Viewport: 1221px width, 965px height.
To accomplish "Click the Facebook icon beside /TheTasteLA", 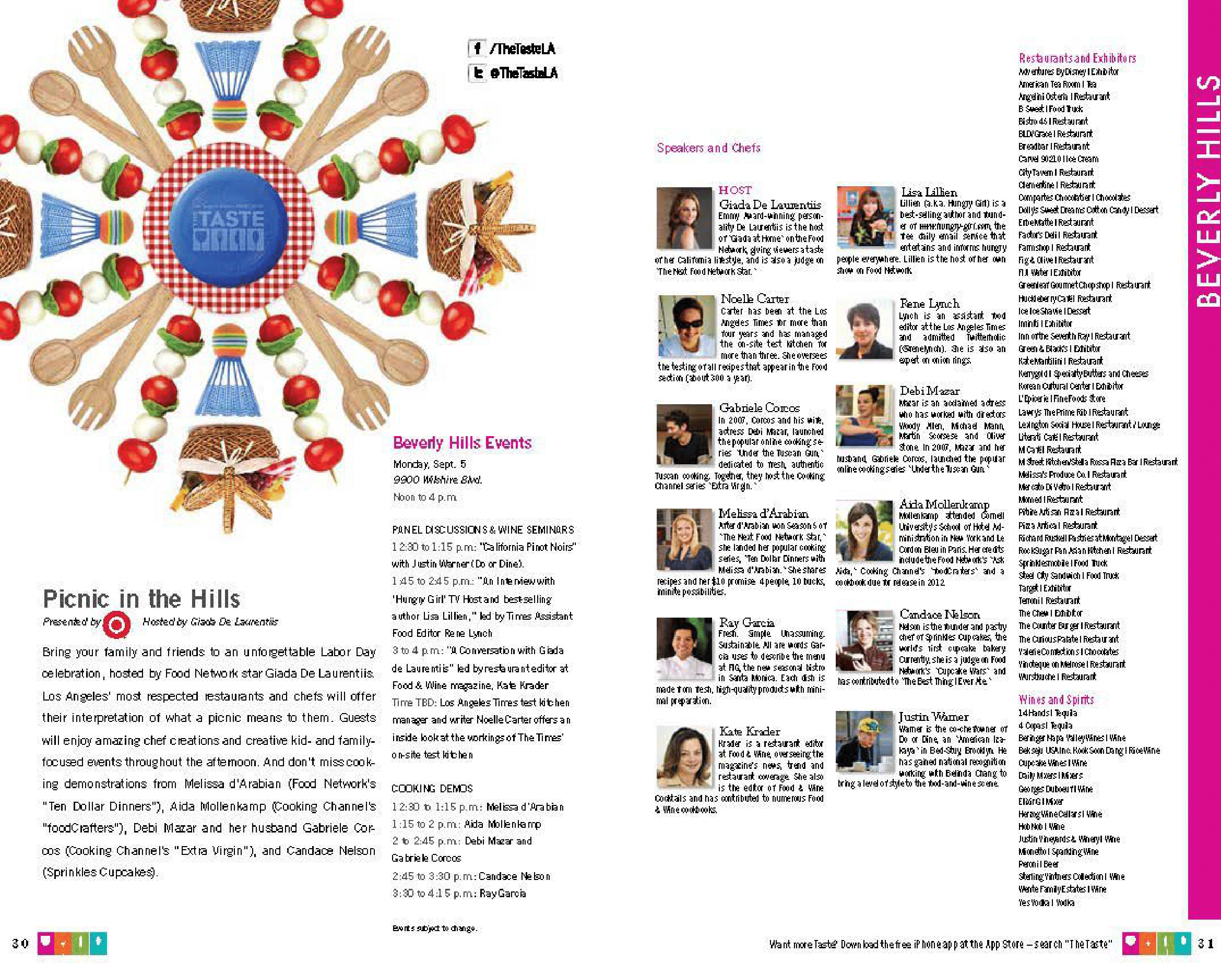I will pyautogui.click(x=477, y=49).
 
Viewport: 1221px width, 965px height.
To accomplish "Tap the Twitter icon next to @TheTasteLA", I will pyautogui.click(x=478, y=73).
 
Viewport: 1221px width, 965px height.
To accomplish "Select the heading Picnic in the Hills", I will pyautogui.click(x=141, y=598).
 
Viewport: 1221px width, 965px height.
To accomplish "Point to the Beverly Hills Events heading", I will pyautogui.click(x=462, y=442).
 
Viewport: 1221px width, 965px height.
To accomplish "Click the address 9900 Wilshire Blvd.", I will pyautogui.click(x=437, y=480).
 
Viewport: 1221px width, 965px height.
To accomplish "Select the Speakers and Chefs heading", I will pyautogui.click(x=708, y=148).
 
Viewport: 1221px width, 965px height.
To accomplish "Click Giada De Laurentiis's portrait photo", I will pyautogui.click(x=683, y=218).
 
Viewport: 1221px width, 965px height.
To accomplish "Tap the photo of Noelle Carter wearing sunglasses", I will pyautogui.click(x=686, y=325).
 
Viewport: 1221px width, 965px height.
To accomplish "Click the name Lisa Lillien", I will pyautogui.click(x=929, y=192).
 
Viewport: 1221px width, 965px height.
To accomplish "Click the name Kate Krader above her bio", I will pyautogui.click(x=749, y=731).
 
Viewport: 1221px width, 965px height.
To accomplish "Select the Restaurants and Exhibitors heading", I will pyautogui.click(x=1077, y=58).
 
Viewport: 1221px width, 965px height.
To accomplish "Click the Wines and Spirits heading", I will pyautogui.click(x=1056, y=699).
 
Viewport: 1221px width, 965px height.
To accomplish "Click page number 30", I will pyautogui.click(x=20, y=943).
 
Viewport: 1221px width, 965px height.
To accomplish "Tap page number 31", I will pyautogui.click(x=1206, y=943).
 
